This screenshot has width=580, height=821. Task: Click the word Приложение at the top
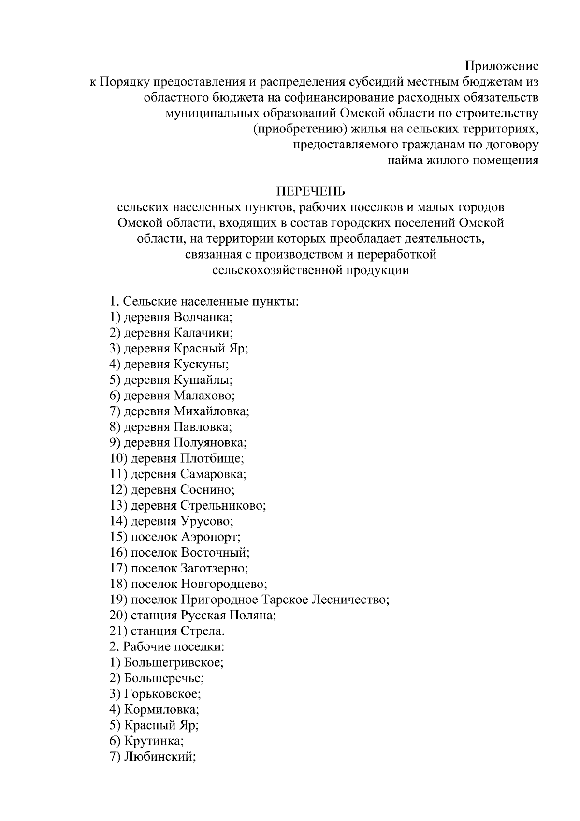pos(502,66)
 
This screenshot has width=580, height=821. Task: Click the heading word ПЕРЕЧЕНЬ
pos(310,192)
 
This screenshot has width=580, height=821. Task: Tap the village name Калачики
pos(203,333)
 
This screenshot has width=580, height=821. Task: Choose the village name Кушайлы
pos(203,380)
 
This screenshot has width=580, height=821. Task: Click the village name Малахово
pos(203,396)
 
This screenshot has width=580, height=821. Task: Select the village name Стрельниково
pos(223,506)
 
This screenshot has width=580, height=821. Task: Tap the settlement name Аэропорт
pos(210,537)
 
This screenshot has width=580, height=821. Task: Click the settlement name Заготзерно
pos(214,569)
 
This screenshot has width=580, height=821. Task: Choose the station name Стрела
pos(202,631)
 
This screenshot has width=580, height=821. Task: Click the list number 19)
pos(118,600)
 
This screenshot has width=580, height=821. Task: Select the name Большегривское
pos(174,663)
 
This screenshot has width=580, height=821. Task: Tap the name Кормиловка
pos(161,710)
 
